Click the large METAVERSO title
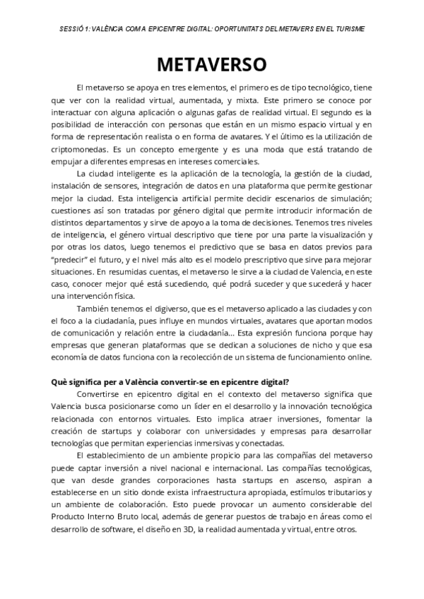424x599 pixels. point(211,64)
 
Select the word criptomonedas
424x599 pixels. point(86,150)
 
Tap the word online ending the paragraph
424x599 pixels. point(355,357)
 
